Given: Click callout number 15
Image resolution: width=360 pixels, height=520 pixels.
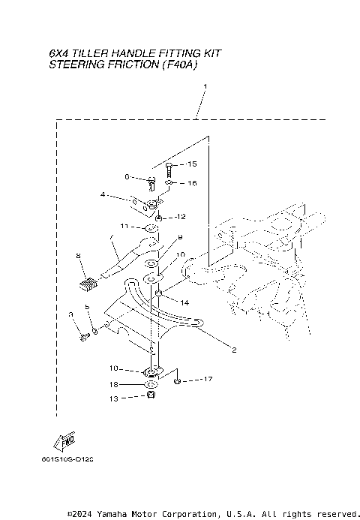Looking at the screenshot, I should [192, 164].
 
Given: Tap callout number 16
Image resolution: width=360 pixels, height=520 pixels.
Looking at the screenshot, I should [192, 182].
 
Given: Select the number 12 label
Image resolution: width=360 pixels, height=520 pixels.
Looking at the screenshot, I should [180, 217].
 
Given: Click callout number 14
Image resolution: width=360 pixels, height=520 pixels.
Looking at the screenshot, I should [184, 302].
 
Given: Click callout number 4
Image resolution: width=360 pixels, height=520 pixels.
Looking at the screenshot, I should [103, 195].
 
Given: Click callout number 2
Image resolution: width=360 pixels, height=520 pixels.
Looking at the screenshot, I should [233, 350].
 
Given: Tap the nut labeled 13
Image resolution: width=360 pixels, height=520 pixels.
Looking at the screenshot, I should [151, 395].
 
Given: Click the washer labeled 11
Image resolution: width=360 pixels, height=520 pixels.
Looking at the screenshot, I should [150, 227].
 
